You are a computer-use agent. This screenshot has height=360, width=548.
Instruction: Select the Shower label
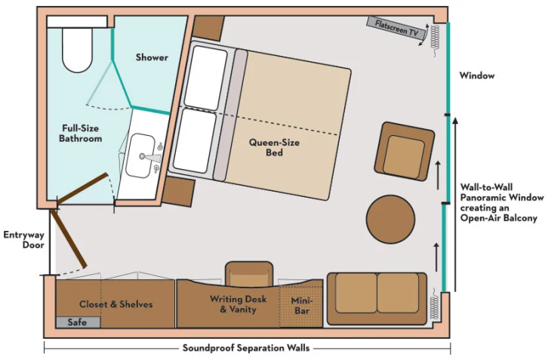[x=152, y=57]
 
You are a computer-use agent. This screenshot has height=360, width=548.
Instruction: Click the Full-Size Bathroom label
[x=81, y=134]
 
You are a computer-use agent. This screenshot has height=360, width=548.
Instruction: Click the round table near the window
[x=390, y=219]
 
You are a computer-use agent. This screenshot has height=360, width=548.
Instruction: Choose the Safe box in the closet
[x=77, y=322]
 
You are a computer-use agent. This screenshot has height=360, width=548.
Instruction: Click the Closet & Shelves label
[x=116, y=304]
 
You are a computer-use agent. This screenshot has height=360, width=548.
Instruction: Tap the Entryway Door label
[x=23, y=239]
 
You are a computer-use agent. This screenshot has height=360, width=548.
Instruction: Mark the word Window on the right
[x=477, y=75]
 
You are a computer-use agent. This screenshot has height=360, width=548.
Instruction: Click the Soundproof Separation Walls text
[x=246, y=348]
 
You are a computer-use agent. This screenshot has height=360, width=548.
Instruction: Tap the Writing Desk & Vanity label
[x=232, y=304]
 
